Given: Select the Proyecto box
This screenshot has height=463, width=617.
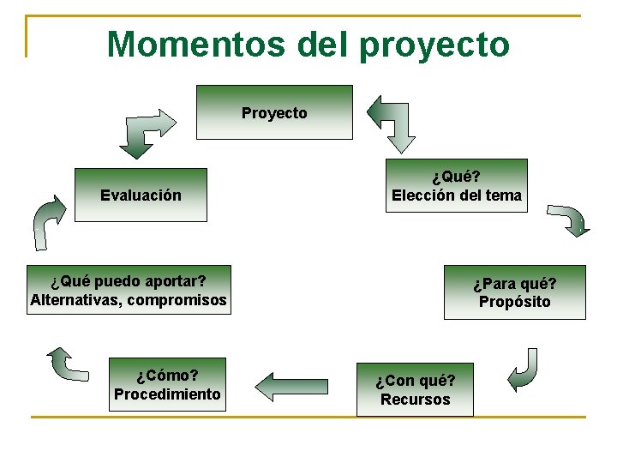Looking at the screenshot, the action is tap(274, 112).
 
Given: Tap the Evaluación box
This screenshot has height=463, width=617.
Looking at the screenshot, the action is tap(141, 195).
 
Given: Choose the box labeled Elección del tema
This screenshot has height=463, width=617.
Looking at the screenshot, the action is tap(456, 186).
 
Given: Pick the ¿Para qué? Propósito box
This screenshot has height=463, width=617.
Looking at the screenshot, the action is tap(514, 292).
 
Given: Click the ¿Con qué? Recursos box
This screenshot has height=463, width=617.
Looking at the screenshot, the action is tap(415, 390).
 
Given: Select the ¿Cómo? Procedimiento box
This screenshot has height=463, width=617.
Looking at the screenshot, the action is tap(167, 385).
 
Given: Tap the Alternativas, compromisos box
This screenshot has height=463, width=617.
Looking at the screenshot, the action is tap(129, 291).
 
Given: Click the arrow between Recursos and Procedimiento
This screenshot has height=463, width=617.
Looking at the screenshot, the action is tap(291, 387).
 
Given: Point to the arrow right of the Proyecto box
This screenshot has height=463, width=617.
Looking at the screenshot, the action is tap(392, 122).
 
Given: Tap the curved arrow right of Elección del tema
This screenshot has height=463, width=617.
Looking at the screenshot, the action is tap(568, 219).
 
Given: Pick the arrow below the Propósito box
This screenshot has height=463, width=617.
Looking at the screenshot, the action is tap(524, 370).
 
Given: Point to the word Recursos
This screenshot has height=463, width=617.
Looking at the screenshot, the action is tap(415, 400).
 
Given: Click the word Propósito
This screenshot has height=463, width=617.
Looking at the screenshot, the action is tap(514, 302).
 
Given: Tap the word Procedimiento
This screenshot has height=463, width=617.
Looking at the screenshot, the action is tap(167, 394).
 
